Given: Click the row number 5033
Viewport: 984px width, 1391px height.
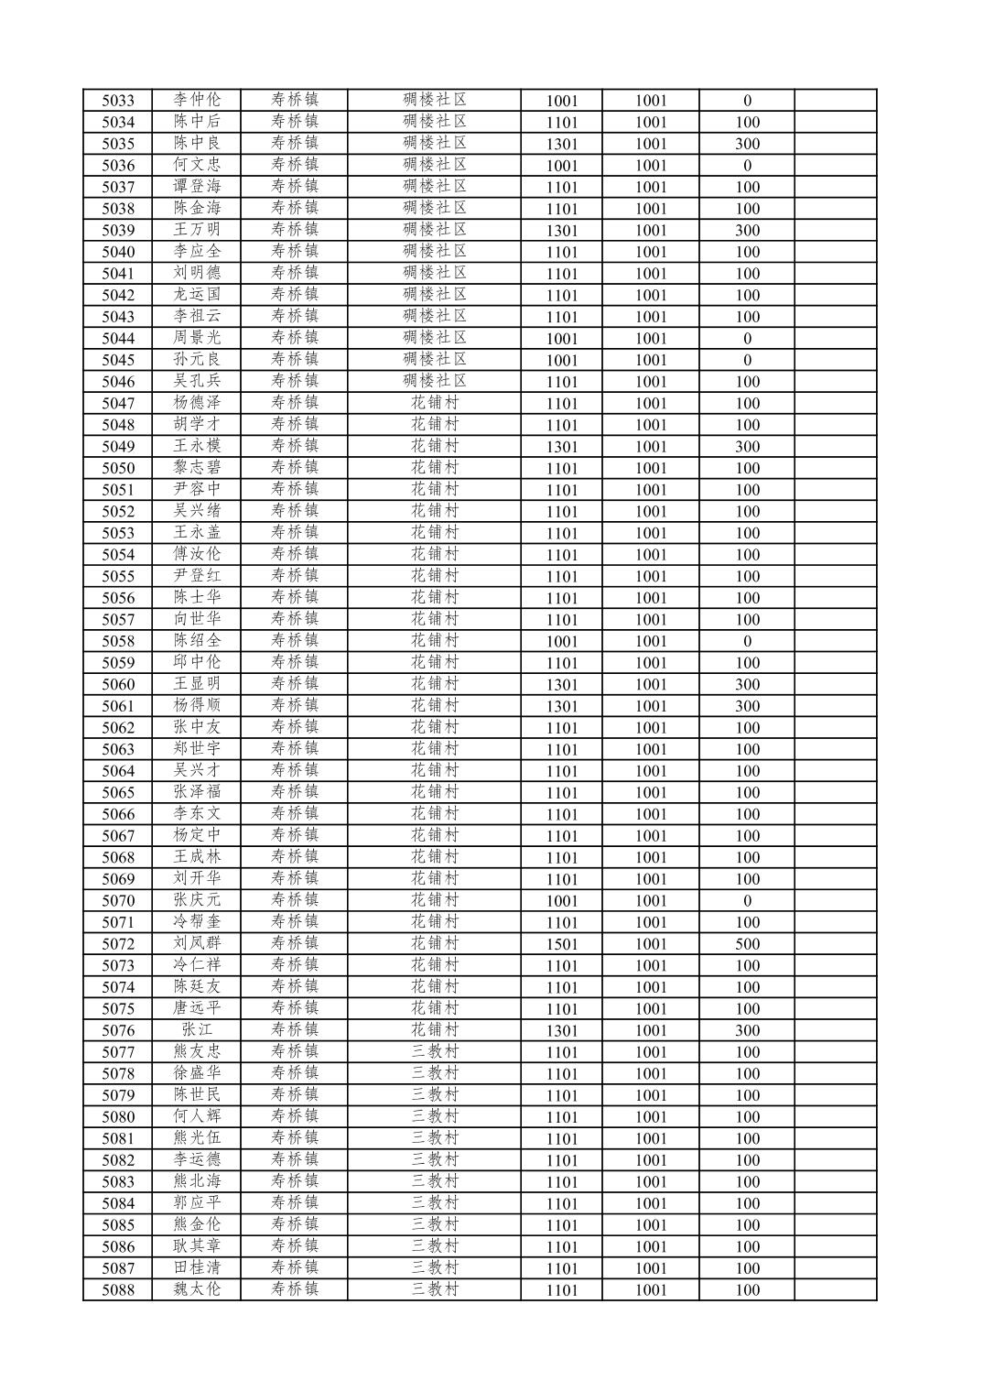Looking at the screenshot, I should click(x=117, y=101).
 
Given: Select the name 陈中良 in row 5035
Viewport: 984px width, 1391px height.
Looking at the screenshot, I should click(x=197, y=144).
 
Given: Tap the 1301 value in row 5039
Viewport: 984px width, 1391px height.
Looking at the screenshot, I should click(x=561, y=231).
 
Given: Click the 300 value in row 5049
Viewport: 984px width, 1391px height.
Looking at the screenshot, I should click(x=747, y=447).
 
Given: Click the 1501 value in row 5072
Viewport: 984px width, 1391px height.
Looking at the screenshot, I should click(x=561, y=944).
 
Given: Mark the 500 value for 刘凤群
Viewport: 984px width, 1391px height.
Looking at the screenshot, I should click(x=747, y=944).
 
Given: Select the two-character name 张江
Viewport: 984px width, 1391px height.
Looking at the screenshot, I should click(x=197, y=1030).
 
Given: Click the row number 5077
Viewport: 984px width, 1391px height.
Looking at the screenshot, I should click(x=117, y=1052).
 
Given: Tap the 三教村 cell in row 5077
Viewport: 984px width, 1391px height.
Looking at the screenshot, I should click(x=434, y=1052).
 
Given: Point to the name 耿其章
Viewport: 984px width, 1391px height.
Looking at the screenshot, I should click(x=197, y=1246).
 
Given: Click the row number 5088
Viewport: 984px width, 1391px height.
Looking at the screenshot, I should click(x=117, y=1290).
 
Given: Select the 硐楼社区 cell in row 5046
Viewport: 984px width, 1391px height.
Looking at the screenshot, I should click(x=434, y=382).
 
